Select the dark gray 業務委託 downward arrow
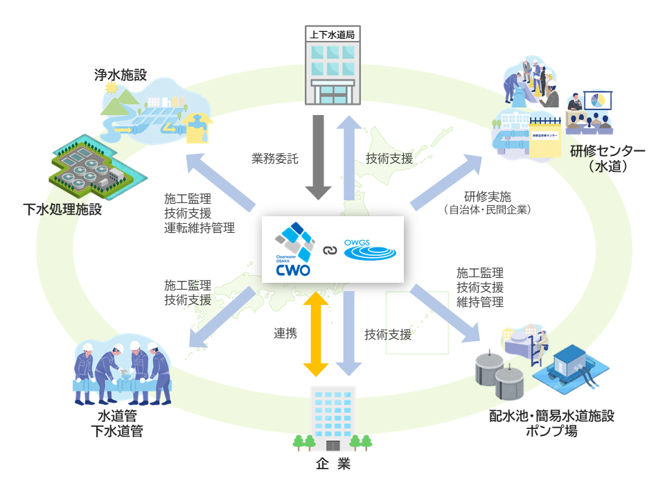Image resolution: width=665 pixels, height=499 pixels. coord(319,155)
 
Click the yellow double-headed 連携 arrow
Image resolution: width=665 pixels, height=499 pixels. coord(318,333)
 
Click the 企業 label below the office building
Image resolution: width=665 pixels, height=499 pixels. coord(333,464)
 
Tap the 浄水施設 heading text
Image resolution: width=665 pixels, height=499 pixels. coord(121,74)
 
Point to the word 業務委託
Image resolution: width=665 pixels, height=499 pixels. coord(275,158)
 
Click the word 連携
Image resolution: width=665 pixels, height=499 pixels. coord(285,333)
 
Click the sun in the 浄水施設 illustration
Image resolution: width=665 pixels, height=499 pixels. coord(109,88)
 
